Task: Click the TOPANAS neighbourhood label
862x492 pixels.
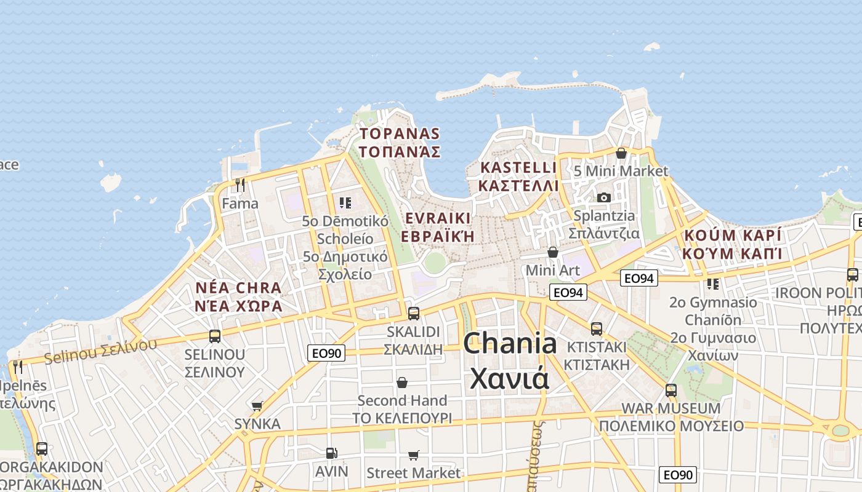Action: [400, 143]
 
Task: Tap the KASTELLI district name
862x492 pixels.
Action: [518, 177]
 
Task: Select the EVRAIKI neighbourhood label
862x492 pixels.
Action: [438, 227]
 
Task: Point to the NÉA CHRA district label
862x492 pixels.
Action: [238, 297]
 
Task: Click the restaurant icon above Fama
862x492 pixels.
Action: [240, 184]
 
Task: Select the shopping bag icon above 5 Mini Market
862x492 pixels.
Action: [621, 153]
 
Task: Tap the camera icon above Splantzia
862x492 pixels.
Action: [604, 197]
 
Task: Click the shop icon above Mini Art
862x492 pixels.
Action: [553, 252]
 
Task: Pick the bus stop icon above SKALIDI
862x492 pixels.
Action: [414, 313]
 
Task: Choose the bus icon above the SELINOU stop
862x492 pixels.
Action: [215, 336]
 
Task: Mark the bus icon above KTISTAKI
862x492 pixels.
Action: [597, 328]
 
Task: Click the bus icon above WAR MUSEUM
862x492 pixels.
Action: [671, 390]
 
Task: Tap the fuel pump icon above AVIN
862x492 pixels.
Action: [331, 453]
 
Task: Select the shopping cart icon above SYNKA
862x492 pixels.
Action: [257, 406]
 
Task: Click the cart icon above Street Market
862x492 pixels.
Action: [413, 455]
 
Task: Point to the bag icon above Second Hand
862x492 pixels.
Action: [402, 383]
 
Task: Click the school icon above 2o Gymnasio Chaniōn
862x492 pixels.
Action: [713, 284]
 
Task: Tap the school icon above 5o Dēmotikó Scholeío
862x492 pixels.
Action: [345, 202]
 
